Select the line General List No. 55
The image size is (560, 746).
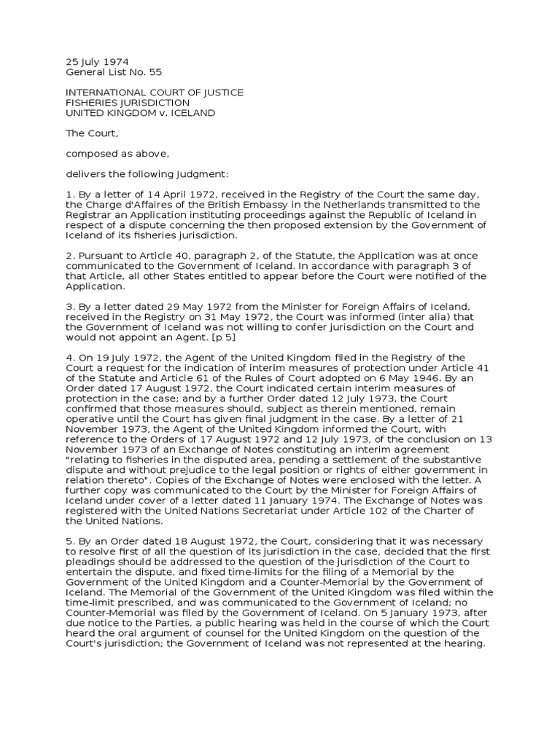click(114, 72)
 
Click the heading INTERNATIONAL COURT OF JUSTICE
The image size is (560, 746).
click(155, 93)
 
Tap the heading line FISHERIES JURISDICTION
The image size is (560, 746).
click(128, 103)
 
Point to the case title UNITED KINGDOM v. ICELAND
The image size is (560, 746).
click(141, 114)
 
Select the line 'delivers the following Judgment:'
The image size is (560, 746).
click(137, 175)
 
